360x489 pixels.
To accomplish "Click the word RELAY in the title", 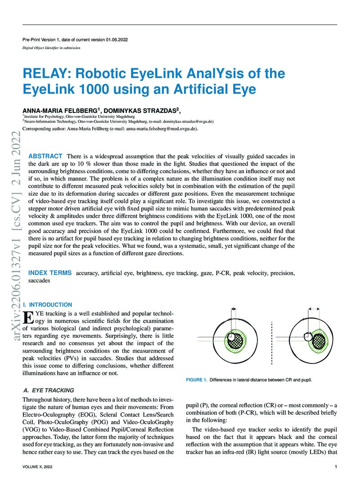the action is point(43,73).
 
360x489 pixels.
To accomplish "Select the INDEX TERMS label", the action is point(50,273).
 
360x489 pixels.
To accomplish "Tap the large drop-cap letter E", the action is point(27,318).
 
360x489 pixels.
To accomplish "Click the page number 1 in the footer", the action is point(336,467).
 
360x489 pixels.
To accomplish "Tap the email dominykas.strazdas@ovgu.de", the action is point(185,121).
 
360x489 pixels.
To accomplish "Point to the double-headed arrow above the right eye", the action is point(313,309).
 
